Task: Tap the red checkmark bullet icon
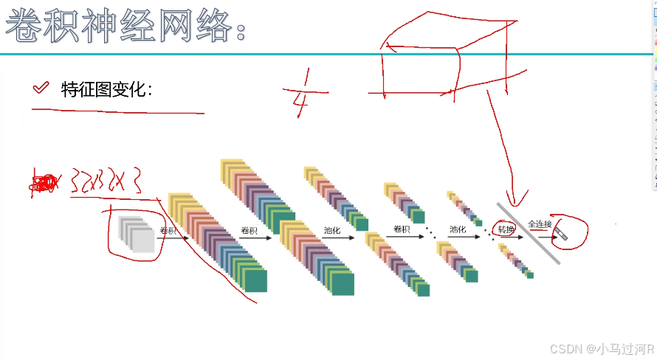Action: pos(41,89)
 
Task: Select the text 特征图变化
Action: pos(107,89)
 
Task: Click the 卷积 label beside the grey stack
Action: pos(168,231)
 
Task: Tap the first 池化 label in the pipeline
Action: pos(332,229)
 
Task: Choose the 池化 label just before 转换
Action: pos(458,229)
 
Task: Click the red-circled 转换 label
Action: pos(505,229)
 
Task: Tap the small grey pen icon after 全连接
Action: pos(563,235)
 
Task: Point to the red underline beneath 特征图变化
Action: pos(118,111)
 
